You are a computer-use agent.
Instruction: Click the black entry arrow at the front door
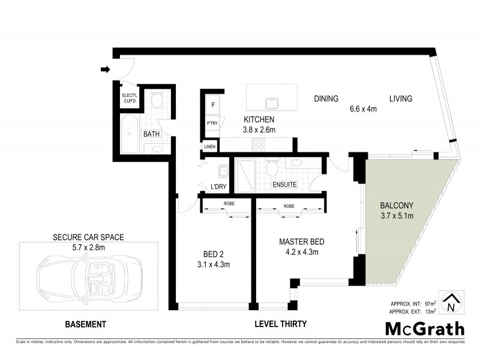(x=105, y=70)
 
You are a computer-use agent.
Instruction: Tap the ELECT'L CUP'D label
(x=130, y=98)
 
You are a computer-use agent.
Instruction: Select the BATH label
(x=151, y=134)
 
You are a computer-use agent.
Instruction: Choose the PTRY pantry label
(x=212, y=124)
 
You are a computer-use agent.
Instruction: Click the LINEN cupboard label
(x=209, y=146)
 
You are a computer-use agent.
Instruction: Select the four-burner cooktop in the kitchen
(x=259, y=145)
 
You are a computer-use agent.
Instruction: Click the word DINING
(x=326, y=99)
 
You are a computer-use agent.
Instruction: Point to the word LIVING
(x=400, y=99)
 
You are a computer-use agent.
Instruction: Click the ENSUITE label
(x=285, y=184)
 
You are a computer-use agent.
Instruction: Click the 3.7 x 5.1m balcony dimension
(x=396, y=215)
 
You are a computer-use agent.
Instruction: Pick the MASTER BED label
(x=302, y=242)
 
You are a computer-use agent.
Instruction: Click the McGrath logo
(x=424, y=328)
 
